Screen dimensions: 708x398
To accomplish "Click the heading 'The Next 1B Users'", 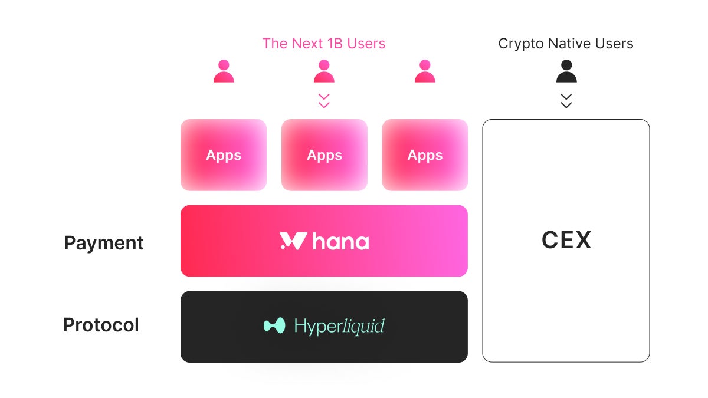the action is (324, 44).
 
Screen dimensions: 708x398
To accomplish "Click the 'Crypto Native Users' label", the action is (566, 44).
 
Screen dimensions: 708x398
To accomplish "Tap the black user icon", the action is (566, 71).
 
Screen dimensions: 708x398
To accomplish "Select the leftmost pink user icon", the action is (224, 71).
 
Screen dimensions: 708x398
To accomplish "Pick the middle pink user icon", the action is (324, 71).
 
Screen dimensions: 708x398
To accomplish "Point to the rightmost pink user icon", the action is (425, 71).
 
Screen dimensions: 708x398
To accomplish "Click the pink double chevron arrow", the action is (324, 101).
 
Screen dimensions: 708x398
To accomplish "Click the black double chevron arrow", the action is (566, 101).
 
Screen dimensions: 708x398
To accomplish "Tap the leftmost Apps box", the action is (224, 155).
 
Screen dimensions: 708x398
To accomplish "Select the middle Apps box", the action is (324, 155).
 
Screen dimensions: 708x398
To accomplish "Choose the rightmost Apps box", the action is (425, 155).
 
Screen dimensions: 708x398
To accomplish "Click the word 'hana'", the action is (340, 241).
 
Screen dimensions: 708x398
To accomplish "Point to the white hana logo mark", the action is (293, 241).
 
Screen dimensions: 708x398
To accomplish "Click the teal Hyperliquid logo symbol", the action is (274, 325).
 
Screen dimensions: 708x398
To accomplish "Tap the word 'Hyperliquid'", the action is (339, 326).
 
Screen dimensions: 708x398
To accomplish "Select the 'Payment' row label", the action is (104, 243).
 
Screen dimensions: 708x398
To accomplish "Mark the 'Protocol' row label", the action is (101, 325).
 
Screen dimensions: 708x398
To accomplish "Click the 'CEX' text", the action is (566, 241).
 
